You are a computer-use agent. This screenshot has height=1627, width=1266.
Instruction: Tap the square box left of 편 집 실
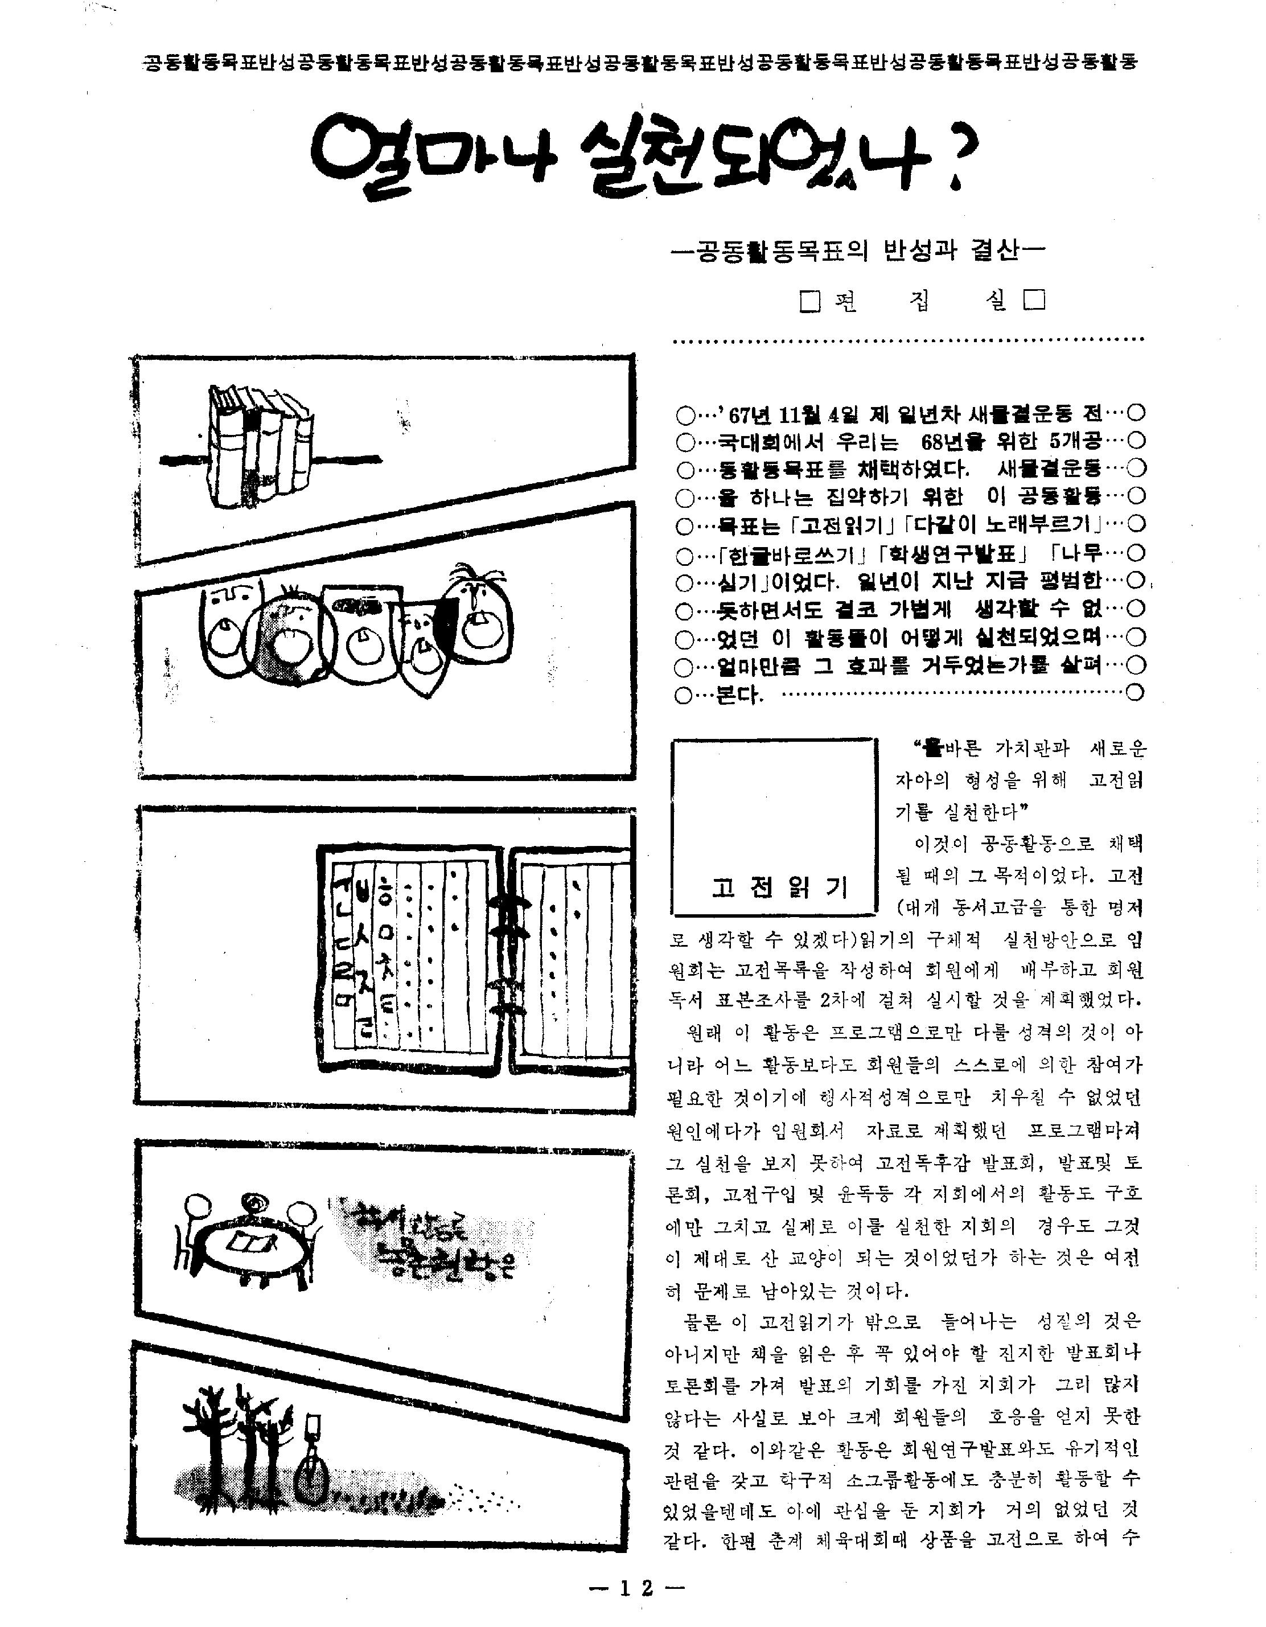(810, 302)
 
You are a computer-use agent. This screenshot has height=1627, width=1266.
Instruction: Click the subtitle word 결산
(995, 251)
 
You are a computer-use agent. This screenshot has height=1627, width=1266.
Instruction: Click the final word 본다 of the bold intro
(739, 695)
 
